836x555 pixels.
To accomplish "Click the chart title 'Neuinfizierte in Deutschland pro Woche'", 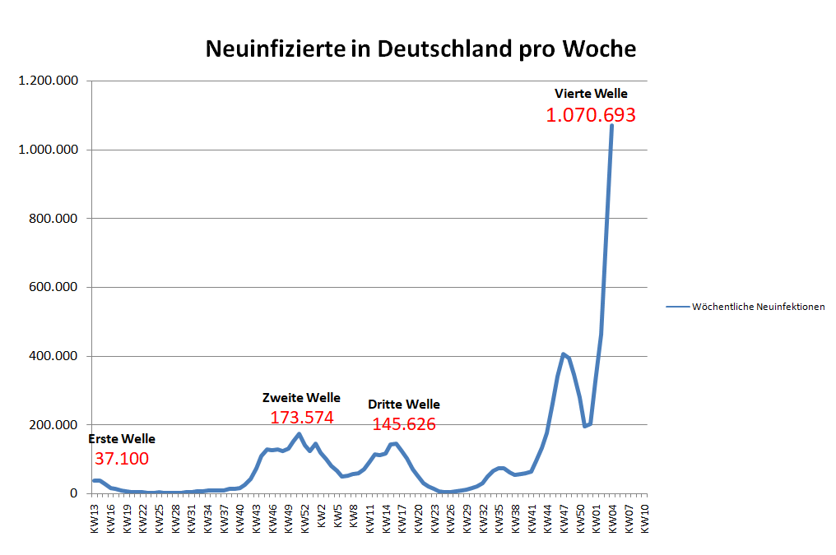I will tap(420, 49).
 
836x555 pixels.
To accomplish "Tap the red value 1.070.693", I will tap(591, 115).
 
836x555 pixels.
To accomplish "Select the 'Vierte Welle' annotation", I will tap(591, 94).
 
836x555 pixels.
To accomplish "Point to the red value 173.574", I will tap(302, 418).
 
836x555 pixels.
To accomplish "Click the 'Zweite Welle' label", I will tap(301, 398).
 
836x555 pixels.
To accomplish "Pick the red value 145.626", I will tap(404, 424).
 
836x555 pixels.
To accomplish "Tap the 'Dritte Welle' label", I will tap(404, 405).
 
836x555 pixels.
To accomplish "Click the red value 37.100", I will tap(122, 459).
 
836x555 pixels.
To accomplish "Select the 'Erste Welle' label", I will tap(122, 439).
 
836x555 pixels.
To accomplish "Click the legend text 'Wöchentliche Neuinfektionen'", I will tap(758, 307).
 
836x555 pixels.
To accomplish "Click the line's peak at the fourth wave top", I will tap(611, 126).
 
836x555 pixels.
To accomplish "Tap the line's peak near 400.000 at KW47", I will tap(564, 354).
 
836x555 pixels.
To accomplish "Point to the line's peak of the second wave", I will tap(299, 434).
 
